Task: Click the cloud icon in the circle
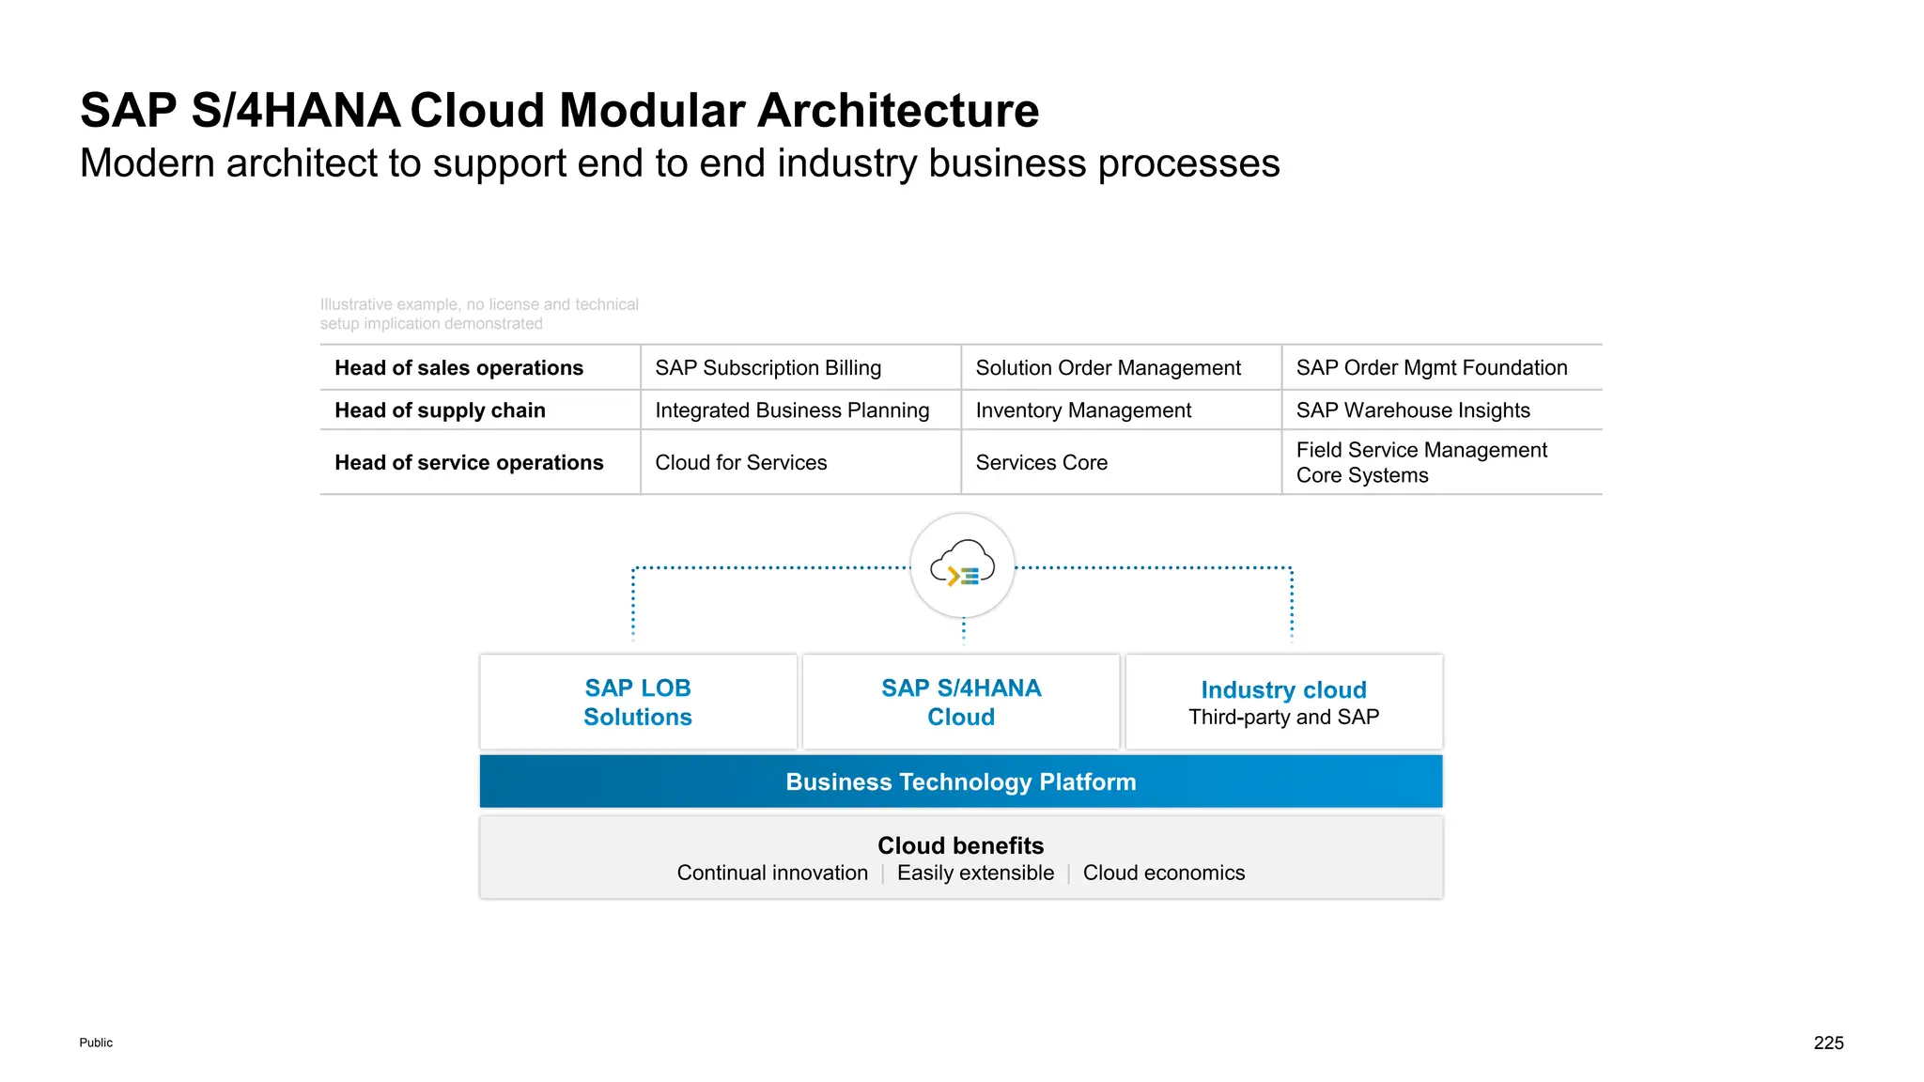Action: click(962, 564)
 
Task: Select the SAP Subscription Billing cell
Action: click(768, 368)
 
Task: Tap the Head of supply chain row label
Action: click(440, 410)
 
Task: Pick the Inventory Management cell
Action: click(1082, 410)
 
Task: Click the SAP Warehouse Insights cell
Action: click(1412, 410)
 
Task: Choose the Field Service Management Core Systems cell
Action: click(1420, 462)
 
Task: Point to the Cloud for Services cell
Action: click(740, 463)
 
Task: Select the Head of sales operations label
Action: click(458, 368)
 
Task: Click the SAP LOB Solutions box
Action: click(638, 703)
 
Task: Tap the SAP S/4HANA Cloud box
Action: click(961, 703)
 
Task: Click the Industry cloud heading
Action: click(1283, 690)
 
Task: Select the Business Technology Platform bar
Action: click(961, 782)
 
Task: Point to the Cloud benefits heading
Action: click(960, 845)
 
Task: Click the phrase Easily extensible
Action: click(975, 873)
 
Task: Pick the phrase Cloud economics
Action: click(1163, 873)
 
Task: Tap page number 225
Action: click(1828, 1043)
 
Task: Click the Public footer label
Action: click(96, 1043)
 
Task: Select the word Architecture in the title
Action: click(897, 111)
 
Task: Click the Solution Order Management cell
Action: click(1108, 368)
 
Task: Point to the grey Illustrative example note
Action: click(478, 314)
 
